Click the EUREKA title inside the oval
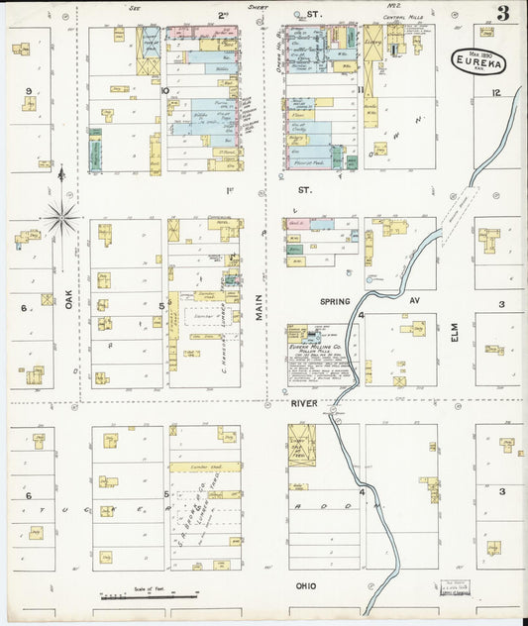coord(478,60)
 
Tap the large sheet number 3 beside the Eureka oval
coord(504,13)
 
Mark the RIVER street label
coord(302,404)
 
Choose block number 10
coord(165,91)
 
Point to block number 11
coord(362,92)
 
